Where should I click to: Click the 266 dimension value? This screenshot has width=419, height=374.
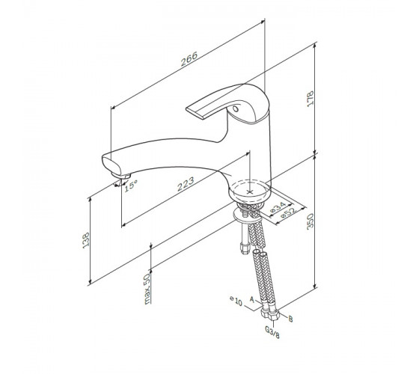[189, 59]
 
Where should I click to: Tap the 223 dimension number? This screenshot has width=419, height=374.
[186, 184]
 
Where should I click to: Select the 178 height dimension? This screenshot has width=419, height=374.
[310, 99]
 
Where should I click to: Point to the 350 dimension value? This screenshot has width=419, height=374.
[310, 221]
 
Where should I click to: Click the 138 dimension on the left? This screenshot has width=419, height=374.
[86, 240]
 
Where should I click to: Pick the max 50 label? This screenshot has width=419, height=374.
[147, 289]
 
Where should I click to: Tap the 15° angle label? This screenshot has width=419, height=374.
[131, 186]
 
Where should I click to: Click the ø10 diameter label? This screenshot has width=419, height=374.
[236, 301]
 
